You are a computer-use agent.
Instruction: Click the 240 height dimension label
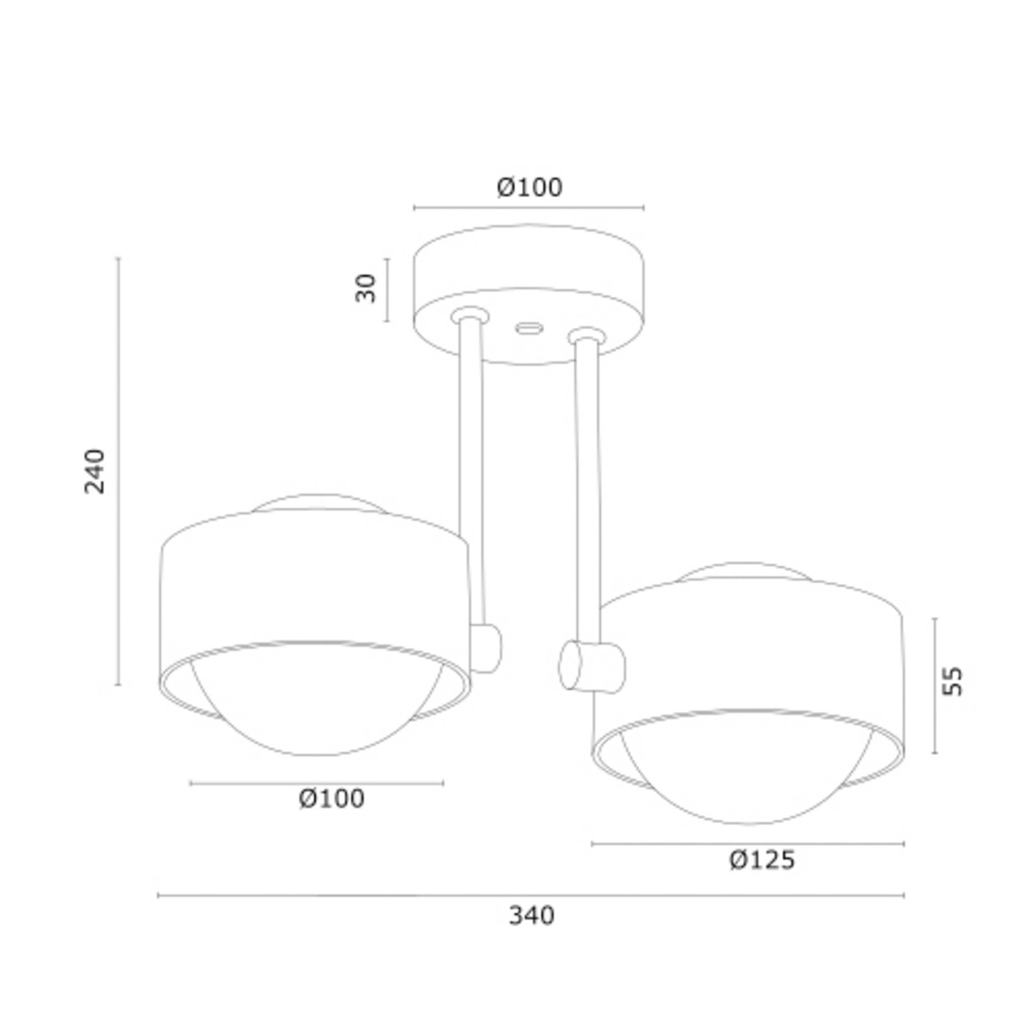click(x=95, y=471)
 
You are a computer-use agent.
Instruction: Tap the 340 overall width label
click(x=531, y=915)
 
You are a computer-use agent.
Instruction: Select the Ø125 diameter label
click(x=762, y=860)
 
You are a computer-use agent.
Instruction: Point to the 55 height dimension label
click(x=952, y=680)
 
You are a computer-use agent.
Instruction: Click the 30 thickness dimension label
click(x=365, y=288)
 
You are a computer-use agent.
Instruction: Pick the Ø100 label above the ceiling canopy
click(x=530, y=187)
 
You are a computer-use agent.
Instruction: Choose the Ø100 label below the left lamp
click(x=332, y=799)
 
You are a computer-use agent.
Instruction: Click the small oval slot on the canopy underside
click(x=528, y=328)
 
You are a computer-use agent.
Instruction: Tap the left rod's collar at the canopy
click(x=469, y=315)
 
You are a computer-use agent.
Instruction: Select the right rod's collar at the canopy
click(x=586, y=336)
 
